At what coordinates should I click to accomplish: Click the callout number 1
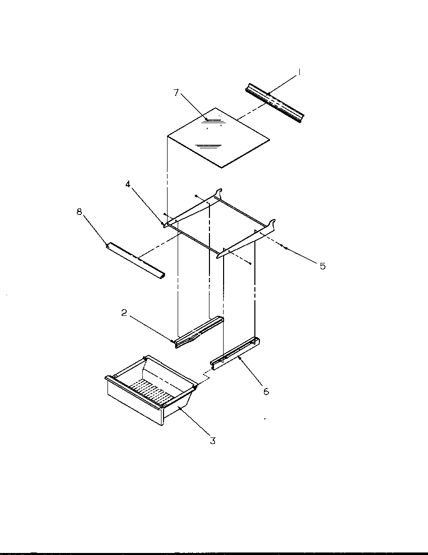299,73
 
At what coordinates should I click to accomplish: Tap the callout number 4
128,185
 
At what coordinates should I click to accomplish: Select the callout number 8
79,212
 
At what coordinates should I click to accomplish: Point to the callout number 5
323,266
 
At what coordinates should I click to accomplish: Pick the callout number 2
124,313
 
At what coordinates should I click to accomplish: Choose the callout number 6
266,391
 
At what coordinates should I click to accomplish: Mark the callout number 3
212,440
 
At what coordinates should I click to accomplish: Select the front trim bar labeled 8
135,260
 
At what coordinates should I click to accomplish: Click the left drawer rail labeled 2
199,332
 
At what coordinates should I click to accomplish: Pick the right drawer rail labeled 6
235,353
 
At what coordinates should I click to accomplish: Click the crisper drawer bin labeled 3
151,399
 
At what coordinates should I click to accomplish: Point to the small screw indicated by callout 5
285,248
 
